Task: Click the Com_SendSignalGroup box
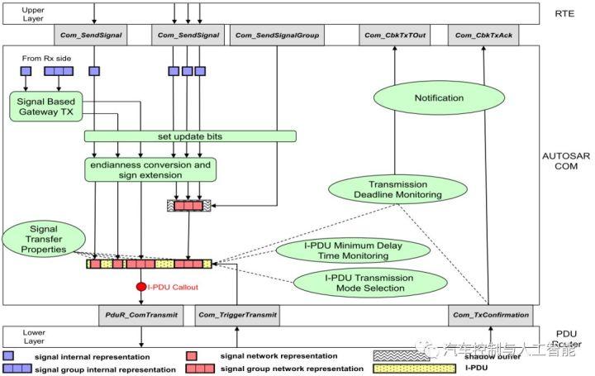click(276, 36)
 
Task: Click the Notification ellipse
click(439, 98)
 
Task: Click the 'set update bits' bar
click(189, 136)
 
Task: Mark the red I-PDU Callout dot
click(141, 287)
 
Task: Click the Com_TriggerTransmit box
click(237, 315)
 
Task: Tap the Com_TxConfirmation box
click(491, 315)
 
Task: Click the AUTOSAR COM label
click(566, 164)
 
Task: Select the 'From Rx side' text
click(40, 59)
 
